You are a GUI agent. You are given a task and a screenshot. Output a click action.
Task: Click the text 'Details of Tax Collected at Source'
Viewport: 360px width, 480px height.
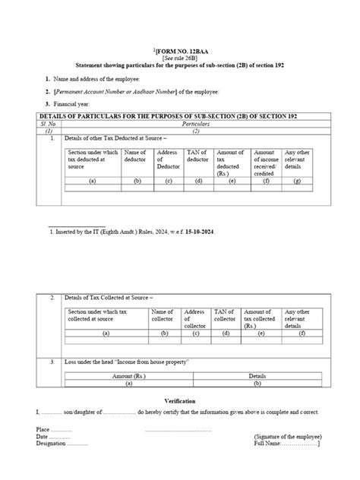pyautogui.click(x=109, y=298)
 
